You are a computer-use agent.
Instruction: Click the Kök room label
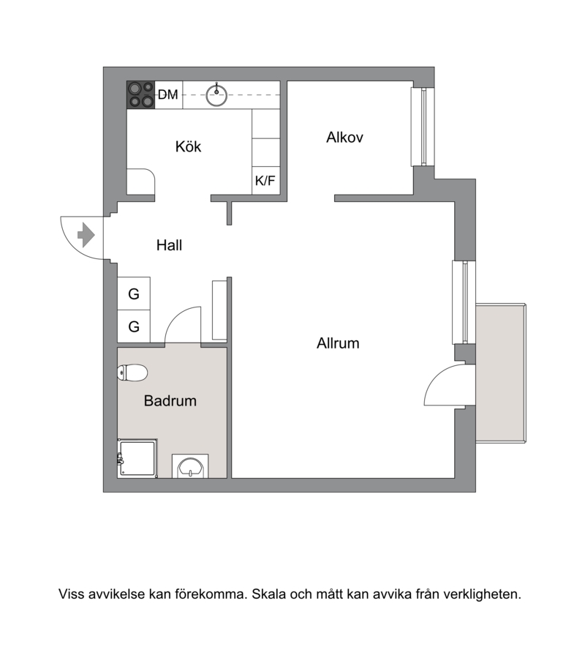click(188, 147)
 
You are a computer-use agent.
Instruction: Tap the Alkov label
click(344, 138)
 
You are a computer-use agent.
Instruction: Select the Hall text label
click(169, 245)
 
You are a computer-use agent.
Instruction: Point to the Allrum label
click(338, 343)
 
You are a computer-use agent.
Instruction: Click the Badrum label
click(170, 401)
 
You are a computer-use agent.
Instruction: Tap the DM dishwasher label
click(167, 94)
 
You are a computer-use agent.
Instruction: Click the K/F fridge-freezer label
click(265, 181)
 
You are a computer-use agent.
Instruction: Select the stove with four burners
click(140, 94)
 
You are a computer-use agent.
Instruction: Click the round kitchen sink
click(216, 94)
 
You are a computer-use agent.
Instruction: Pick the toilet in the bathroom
click(132, 373)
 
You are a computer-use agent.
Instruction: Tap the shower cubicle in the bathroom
click(137, 458)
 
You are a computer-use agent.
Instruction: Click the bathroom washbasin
click(190, 467)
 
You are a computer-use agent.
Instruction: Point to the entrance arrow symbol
click(86, 235)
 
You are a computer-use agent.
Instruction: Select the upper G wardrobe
click(134, 294)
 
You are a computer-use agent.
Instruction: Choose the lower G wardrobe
click(134, 326)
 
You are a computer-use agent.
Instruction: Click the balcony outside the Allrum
click(501, 373)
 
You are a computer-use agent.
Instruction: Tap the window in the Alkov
click(423, 127)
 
